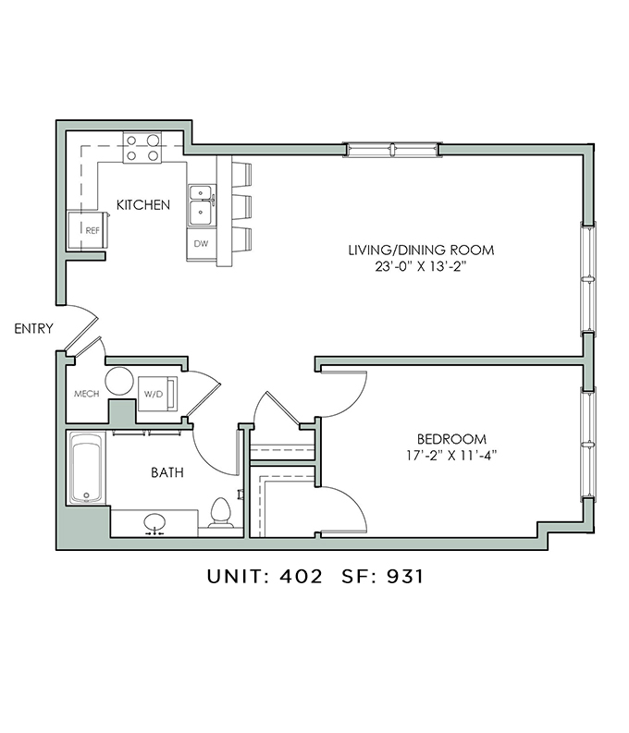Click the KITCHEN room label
[143, 205]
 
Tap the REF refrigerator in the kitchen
[88, 230]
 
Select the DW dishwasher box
[202, 243]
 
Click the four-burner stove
[142, 148]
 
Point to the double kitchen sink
[202, 205]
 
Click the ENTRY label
[33, 329]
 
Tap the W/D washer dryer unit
[157, 394]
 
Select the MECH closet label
[87, 394]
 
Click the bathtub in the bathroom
[86, 468]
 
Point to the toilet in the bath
[221, 513]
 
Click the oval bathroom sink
[154, 522]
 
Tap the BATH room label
[166, 472]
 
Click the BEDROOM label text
[451, 439]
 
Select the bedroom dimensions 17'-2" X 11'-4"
[451, 455]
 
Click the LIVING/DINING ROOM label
[421, 250]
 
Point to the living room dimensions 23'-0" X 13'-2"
[421, 266]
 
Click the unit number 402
[302, 577]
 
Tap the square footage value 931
[405, 577]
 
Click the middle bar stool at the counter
[242, 206]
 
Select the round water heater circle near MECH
[119, 382]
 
